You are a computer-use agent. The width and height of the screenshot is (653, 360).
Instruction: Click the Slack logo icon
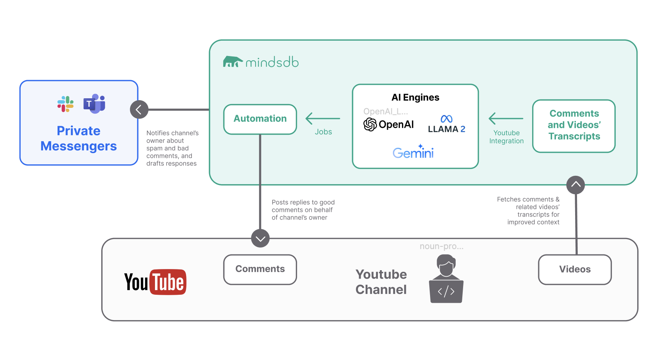click(66, 104)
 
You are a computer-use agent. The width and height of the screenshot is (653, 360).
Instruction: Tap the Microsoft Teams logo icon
click(94, 104)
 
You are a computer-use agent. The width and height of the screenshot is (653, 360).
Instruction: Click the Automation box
click(260, 119)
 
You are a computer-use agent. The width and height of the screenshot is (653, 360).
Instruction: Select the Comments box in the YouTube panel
click(260, 269)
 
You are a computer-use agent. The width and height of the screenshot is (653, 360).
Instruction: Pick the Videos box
click(575, 269)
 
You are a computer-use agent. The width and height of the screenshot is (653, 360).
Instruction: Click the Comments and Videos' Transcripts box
click(574, 126)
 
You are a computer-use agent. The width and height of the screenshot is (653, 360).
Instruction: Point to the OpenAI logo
click(389, 124)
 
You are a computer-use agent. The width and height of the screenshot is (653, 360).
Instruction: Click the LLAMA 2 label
click(446, 129)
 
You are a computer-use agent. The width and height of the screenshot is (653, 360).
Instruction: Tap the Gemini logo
click(413, 152)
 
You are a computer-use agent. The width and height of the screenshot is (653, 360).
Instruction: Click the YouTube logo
click(155, 282)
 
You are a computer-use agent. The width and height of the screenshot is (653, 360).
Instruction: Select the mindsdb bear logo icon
click(233, 62)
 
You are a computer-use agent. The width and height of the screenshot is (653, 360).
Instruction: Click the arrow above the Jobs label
click(323, 119)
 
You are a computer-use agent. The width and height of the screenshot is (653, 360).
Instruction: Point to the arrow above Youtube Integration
click(506, 119)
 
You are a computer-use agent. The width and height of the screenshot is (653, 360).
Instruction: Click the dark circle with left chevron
click(139, 110)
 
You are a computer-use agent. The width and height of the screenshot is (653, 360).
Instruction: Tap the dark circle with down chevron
click(261, 238)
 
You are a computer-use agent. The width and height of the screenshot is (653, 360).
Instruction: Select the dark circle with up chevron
click(575, 185)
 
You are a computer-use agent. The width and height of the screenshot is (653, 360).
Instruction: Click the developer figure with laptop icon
click(446, 279)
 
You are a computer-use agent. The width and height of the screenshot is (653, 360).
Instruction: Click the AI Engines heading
click(415, 97)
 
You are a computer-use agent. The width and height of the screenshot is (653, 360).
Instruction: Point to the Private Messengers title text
click(79, 139)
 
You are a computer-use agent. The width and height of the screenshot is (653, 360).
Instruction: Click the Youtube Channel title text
click(381, 282)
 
